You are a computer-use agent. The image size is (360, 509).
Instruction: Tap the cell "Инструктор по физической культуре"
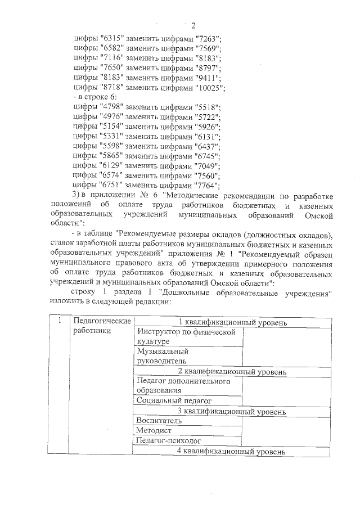[x=189, y=336]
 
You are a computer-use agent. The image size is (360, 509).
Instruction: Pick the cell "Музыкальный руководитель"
[x=189, y=356]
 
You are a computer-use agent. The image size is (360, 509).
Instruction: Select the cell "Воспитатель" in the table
[x=189, y=421]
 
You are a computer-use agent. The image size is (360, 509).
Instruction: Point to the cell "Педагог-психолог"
[x=189, y=441]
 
